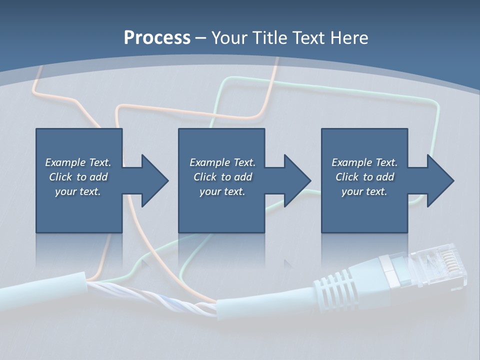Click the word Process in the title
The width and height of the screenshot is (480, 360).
pos(157,38)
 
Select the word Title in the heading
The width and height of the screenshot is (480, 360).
pos(269,38)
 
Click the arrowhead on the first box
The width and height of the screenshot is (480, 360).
pos(154,180)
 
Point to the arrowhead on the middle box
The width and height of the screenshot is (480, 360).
pos(297,180)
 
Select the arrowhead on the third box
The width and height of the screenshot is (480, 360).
pos(440,180)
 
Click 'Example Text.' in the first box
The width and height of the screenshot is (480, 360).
pos(78,162)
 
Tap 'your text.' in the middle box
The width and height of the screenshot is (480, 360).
pos(222,191)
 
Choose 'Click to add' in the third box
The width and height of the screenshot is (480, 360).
pos(364,177)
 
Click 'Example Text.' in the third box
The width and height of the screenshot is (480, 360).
pos(364,162)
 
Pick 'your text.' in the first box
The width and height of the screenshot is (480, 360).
pos(78,191)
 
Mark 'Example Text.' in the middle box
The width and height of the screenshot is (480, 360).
pos(222,162)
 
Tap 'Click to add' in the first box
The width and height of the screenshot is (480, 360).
pos(78,177)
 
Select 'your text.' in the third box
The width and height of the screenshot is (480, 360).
pos(364,191)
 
